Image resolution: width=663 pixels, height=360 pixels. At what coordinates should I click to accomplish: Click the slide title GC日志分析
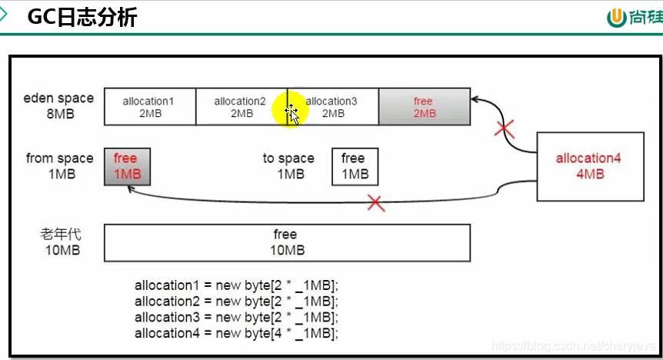(82, 17)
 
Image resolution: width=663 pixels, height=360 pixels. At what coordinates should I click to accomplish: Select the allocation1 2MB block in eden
(149, 106)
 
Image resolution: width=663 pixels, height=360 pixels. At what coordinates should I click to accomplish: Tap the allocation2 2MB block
(241, 106)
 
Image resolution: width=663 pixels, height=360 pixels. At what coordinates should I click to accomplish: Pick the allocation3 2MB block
(332, 106)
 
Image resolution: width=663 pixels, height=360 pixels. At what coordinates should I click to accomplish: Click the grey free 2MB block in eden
(424, 106)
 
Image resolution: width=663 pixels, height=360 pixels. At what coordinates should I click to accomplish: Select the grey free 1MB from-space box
(127, 166)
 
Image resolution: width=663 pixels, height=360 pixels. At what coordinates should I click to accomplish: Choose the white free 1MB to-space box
(355, 166)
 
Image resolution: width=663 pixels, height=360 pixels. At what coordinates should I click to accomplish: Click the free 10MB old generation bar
(286, 242)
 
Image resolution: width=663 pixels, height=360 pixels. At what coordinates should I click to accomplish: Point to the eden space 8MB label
(58, 105)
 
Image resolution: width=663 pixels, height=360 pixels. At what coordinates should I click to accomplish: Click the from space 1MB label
(59, 165)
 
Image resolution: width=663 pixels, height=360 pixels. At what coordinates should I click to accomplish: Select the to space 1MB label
(289, 165)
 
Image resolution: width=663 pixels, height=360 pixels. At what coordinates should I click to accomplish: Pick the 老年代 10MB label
(60, 242)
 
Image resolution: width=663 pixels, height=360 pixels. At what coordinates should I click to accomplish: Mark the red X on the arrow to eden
(505, 128)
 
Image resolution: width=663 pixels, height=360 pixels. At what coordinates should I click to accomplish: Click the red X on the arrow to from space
(375, 203)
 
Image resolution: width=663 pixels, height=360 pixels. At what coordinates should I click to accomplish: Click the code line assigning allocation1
(236, 285)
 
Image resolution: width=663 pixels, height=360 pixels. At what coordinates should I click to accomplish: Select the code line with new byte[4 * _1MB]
(236, 333)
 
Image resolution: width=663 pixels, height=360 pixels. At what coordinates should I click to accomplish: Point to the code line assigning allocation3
(236, 317)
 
